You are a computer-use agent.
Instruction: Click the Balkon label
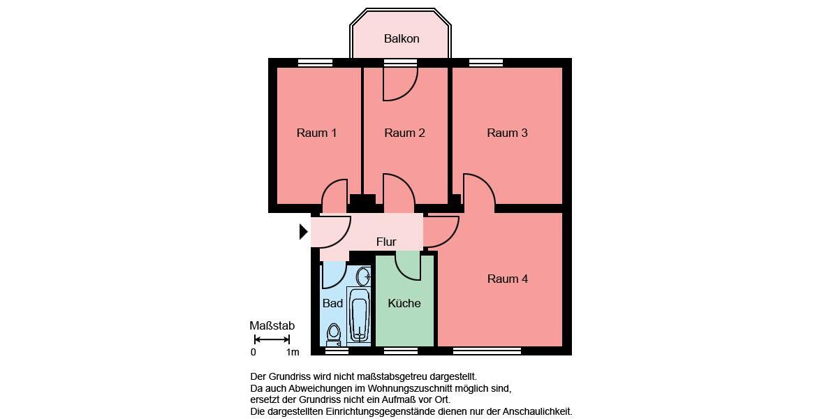click(402, 38)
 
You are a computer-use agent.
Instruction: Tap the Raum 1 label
click(316, 133)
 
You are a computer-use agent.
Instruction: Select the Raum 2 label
click(404, 133)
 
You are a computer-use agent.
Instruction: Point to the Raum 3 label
click(507, 133)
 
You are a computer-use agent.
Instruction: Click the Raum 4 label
click(507, 279)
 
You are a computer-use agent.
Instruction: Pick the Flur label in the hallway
click(386, 242)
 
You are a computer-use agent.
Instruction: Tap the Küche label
click(404, 303)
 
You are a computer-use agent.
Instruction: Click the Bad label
click(332, 303)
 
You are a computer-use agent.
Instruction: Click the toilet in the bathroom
click(334, 334)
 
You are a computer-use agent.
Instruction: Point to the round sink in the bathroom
click(363, 275)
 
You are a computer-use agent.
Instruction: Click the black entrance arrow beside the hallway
click(303, 231)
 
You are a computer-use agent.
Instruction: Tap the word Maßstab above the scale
click(272, 325)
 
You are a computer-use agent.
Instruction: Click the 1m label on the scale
click(293, 352)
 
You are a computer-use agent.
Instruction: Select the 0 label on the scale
click(253, 352)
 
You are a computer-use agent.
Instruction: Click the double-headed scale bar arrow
click(272, 339)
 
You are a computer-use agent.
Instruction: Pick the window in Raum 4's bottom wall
click(488, 351)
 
